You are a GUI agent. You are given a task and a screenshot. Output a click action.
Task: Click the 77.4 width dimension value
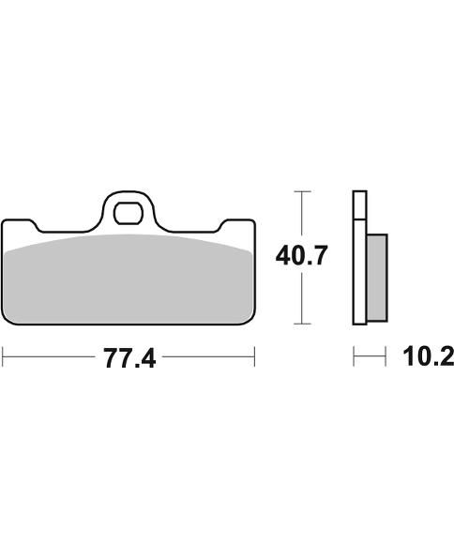(129, 357)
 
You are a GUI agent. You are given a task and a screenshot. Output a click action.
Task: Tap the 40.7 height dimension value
(300, 255)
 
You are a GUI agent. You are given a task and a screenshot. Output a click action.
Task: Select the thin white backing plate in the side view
(357, 258)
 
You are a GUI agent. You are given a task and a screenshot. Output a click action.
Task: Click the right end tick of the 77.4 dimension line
(254, 357)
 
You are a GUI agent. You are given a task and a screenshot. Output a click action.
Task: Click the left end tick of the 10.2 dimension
(354, 357)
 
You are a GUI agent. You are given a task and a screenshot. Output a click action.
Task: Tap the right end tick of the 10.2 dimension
(386, 357)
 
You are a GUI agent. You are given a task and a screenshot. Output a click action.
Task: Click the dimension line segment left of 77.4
(52, 357)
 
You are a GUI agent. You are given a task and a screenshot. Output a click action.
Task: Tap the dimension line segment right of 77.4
(206, 357)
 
